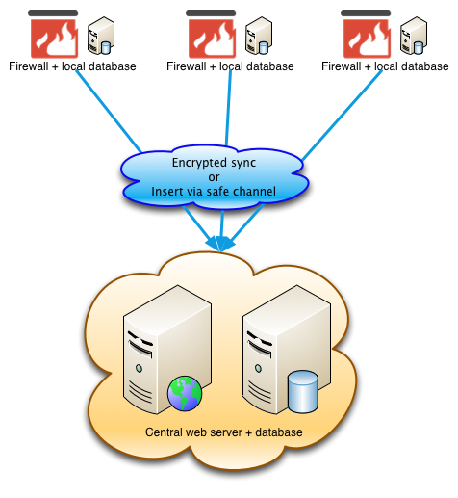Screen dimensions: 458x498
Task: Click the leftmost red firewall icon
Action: point(54,39)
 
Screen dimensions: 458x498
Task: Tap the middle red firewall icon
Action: point(212,39)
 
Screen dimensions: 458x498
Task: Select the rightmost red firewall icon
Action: point(367,39)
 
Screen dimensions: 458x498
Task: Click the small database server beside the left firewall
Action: point(101,36)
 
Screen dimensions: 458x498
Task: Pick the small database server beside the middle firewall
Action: point(259,36)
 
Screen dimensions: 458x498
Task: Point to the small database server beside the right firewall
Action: point(414,36)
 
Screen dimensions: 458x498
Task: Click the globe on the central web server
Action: point(185,394)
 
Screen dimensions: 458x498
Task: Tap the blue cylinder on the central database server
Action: point(303,391)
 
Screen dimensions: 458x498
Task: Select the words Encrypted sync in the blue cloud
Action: point(214,163)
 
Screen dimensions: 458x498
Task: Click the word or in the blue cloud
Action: point(214,177)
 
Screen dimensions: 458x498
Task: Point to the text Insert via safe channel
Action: point(214,192)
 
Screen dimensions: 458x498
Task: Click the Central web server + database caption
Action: point(224,432)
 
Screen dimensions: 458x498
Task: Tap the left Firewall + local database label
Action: point(72,66)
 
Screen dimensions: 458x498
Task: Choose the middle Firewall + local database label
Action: point(230,66)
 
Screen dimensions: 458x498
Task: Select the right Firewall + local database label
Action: point(385,66)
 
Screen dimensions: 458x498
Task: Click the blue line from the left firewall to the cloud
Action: point(109,112)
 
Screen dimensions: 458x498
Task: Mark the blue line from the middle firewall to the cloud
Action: point(228,108)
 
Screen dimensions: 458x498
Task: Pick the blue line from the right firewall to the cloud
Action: point(342,116)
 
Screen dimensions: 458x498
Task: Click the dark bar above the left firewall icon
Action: point(53,13)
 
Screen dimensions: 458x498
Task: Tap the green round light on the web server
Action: point(139,368)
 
